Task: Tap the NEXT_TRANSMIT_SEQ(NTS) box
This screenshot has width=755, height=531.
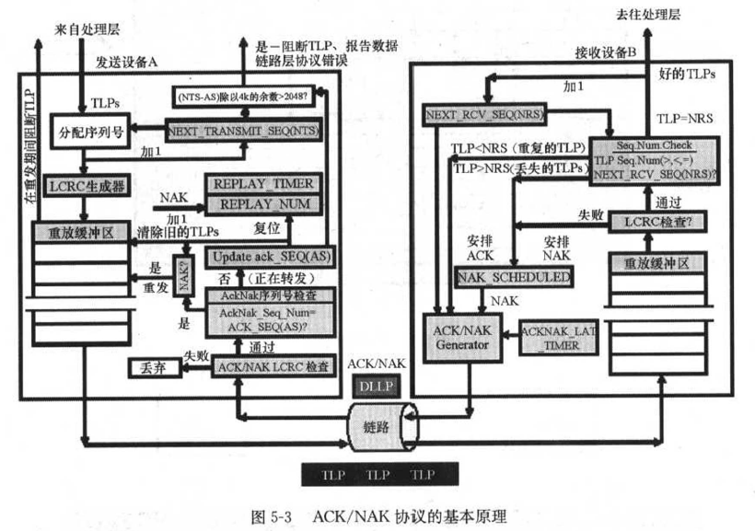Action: (x=241, y=132)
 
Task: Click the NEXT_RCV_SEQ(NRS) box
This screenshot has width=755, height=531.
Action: (x=482, y=115)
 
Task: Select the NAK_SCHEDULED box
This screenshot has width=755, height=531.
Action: (x=513, y=277)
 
